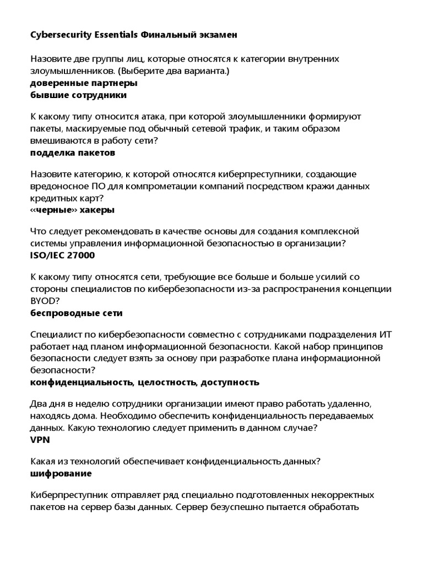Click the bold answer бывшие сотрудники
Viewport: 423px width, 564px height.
coord(78,95)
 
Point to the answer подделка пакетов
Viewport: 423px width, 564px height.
coord(72,153)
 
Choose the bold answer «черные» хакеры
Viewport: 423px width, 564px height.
coord(72,210)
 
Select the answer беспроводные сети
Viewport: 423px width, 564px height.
coord(76,313)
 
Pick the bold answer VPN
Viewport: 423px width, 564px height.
coord(39,440)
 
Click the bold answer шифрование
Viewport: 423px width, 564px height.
coord(61,474)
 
